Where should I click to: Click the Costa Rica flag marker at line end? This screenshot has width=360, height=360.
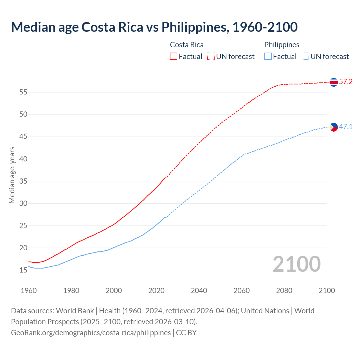click(x=334, y=82)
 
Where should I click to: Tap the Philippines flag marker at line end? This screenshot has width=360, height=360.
click(x=334, y=127)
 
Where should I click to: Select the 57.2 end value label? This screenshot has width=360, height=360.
click(x=346, y=82)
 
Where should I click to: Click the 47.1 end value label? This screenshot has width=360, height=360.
click(x=346, y=127)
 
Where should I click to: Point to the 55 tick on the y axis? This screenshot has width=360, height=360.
click(x=23, y=92)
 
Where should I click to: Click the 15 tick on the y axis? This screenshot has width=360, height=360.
click(x=23, y=270)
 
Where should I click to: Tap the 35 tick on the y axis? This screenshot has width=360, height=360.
click(x=23, y=181)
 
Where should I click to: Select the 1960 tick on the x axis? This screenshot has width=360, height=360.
click(x=29, y=291)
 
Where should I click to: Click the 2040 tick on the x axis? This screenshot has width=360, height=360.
click(x=199, y=291)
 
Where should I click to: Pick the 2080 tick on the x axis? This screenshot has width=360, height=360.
click(x=284, y=291)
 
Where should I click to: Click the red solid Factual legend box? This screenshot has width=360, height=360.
click(x=174, y=57)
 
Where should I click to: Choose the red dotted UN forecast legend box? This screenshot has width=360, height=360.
click(x=211, y=57)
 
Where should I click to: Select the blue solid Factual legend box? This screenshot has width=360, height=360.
click(x=268, y=57)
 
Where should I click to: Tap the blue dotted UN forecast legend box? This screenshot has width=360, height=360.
click(x=305, y=57)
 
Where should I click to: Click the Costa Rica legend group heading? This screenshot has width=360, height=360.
click(x=187, y=45)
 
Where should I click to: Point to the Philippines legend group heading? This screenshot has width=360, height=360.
click(x=282, y=45)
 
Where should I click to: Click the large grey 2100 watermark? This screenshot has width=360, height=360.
click(x=296, y=264)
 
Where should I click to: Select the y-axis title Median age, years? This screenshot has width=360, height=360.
click(x=12, y=175)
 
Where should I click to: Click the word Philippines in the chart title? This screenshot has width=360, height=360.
click(x=194, y=27)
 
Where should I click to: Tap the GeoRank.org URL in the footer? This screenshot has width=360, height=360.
click(x=91, y=333)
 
